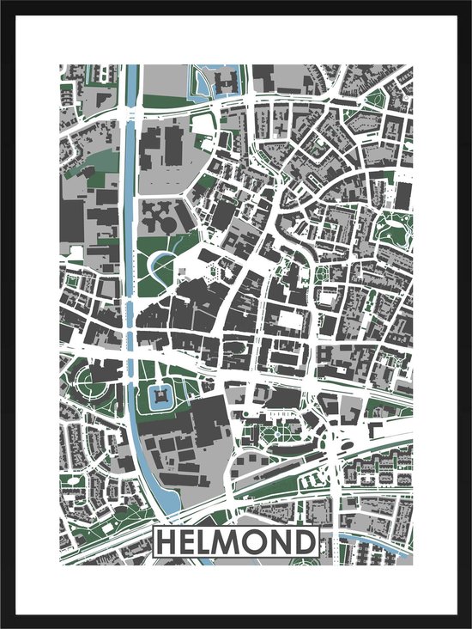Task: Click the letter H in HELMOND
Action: [167, 543]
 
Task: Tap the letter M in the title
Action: [237, 543]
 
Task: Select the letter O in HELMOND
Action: [263, 543]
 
